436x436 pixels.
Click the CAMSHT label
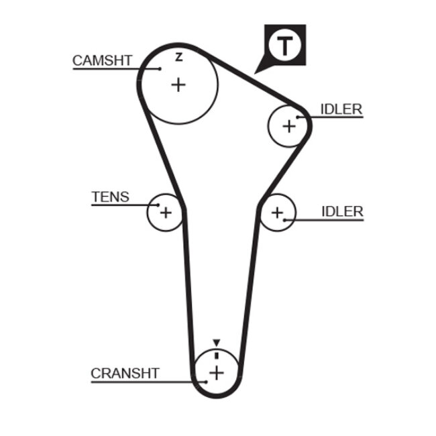tap(103, 60)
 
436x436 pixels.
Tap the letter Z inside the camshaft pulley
tap(178, 57)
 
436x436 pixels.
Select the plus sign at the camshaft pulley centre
tap(178, 85)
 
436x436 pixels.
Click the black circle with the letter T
tap(286, 46)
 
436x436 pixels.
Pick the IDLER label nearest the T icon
tap(341, 109)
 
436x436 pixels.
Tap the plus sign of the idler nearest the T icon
tap(289, 125)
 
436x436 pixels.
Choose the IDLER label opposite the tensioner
tap(342, 211)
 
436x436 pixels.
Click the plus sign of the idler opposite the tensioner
tap(278, 213)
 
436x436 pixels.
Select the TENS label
tap(110, 197)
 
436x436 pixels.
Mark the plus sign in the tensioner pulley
tap(166, 213)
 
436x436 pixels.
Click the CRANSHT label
tap(125, 373)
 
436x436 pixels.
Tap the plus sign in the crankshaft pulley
tap(216, 372)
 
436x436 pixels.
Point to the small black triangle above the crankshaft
tap(216, 343)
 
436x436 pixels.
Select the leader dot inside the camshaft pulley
tap(161, 68)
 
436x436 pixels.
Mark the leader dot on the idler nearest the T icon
tap(298, 117)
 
